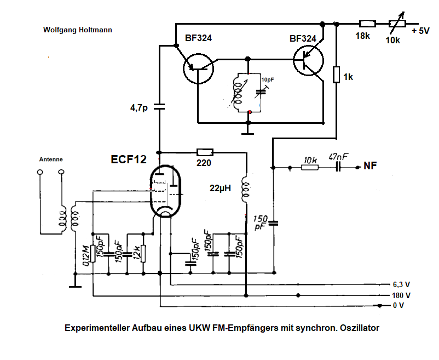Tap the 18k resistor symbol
coord(367,24)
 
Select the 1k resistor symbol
coord(336,74)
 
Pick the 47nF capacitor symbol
coord(338,167)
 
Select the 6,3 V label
coord(401,284)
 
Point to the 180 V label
coord(401,295)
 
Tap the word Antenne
coord(51,159)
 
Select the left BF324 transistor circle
coord(198,68)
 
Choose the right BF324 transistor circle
coord(308,60)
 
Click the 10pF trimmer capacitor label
coord(267,80)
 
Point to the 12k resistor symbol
coord(143,253)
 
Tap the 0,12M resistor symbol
coord(94,253)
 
